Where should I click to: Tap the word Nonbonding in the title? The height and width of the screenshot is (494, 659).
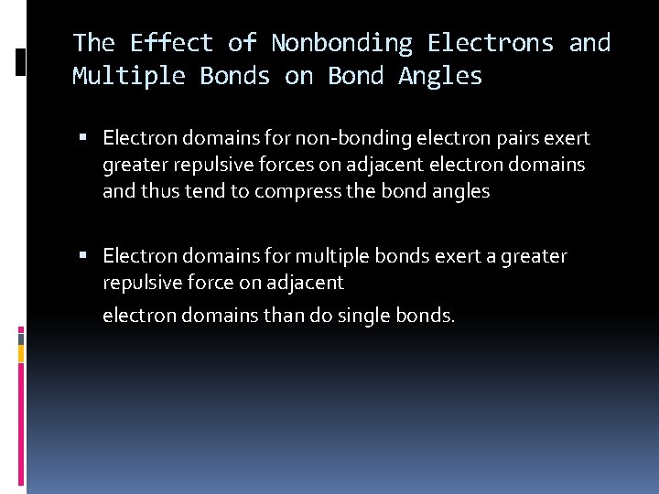tap(342, 43)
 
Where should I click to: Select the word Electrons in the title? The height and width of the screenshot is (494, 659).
tap(491, 43)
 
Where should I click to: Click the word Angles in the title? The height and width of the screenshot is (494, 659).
tap(440, 76)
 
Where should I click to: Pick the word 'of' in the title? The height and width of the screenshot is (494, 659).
tap(243, 43)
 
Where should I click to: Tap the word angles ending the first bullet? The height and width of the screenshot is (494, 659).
tap(462, 191)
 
